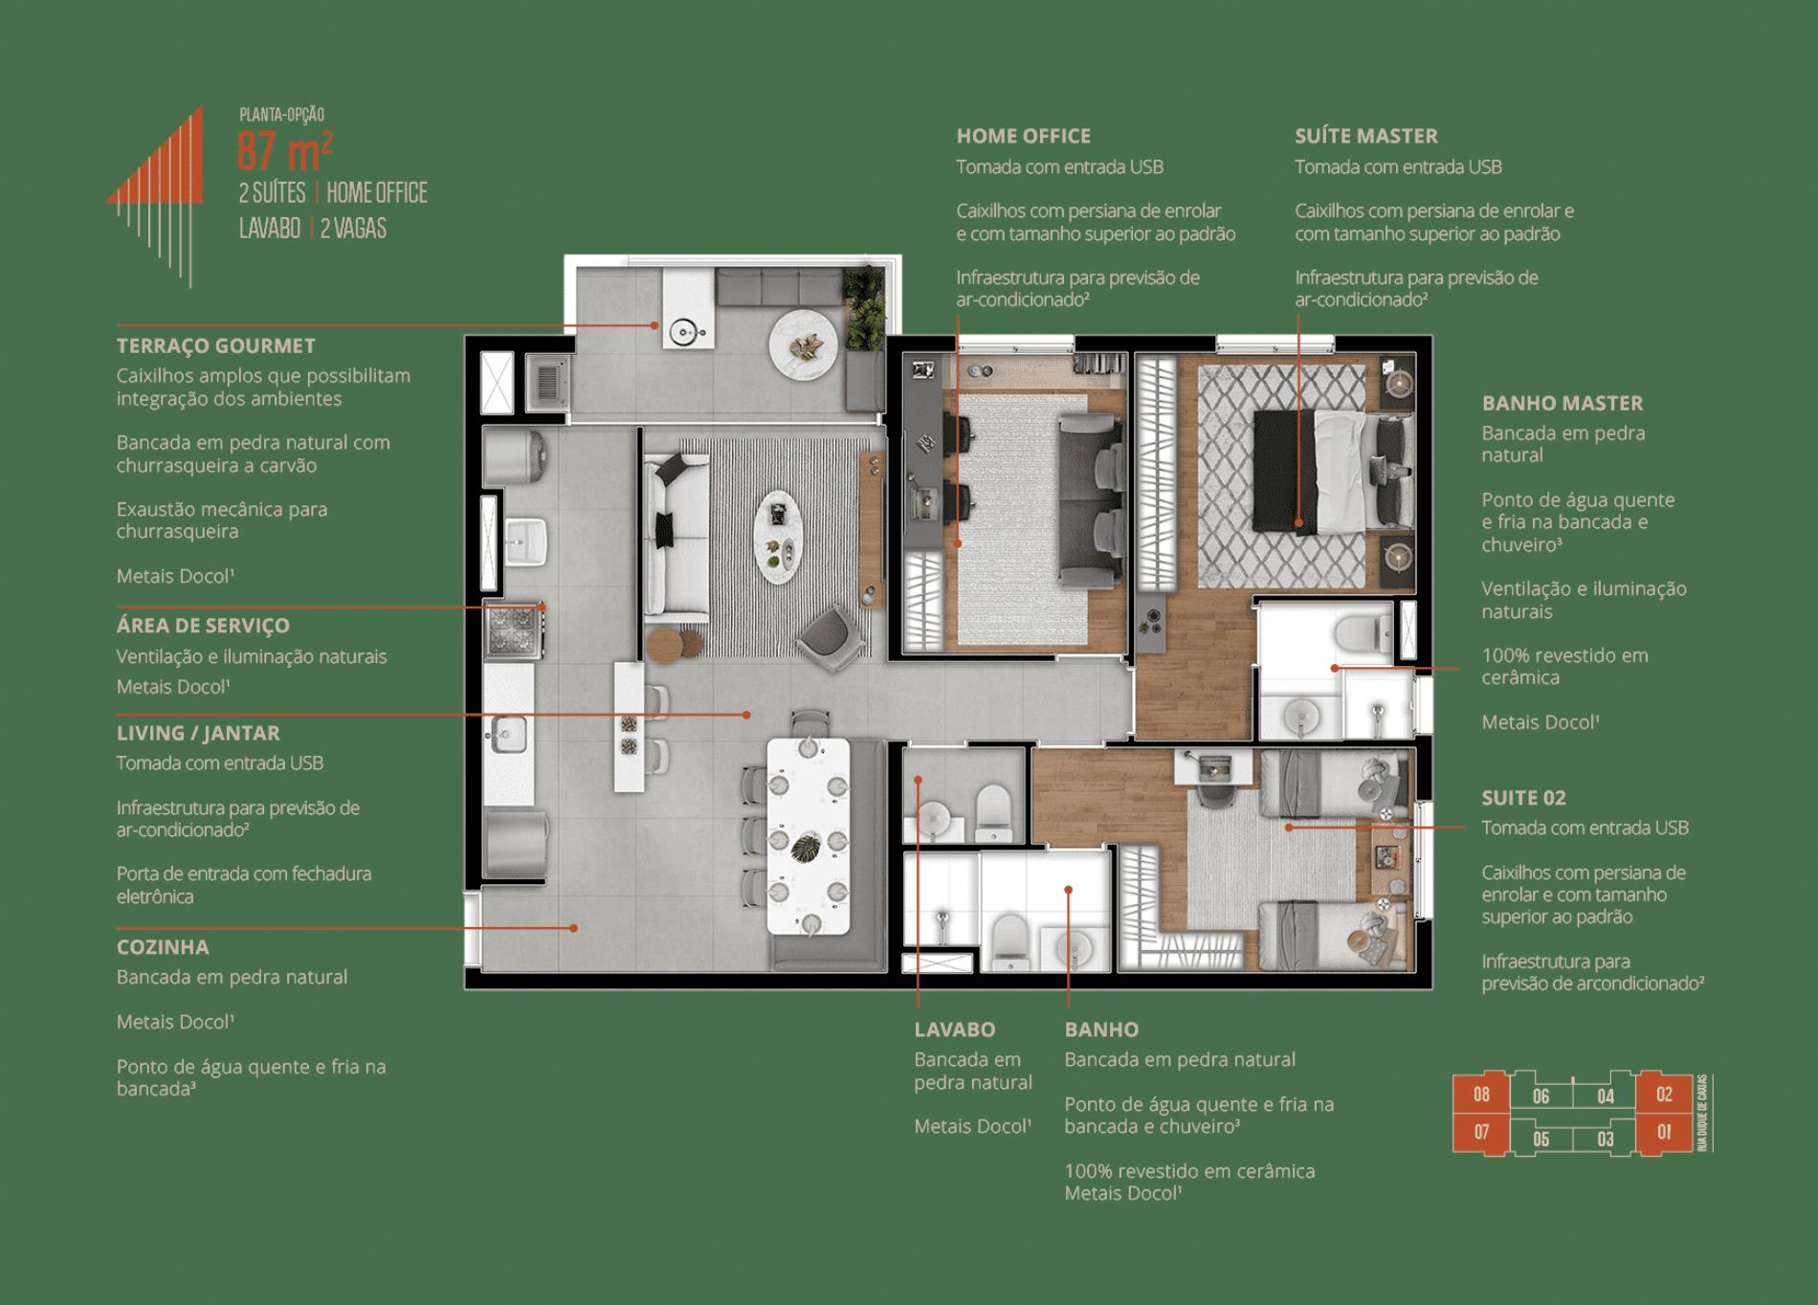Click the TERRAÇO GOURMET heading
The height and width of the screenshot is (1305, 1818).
click(x=215, y=346)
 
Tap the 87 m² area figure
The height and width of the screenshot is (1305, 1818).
click(x=285, y=151)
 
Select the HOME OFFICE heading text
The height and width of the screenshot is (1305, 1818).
click(x=1023, y=136)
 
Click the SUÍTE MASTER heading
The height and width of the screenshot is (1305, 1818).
click(x=1365, y=136)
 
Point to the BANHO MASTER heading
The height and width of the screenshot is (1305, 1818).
click(x=1562, y=404)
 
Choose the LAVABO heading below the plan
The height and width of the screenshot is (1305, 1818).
click(x=954, y=1030)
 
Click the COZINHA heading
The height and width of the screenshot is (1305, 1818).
click(x=163, y=947)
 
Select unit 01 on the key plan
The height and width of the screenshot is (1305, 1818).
click(x=1664, y=1133)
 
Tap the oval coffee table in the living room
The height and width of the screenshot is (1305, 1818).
click(x=778, y=537)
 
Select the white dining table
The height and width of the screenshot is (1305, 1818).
click(x=809, y=836)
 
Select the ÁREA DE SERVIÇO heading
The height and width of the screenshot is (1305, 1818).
click(x=203, y=626)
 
